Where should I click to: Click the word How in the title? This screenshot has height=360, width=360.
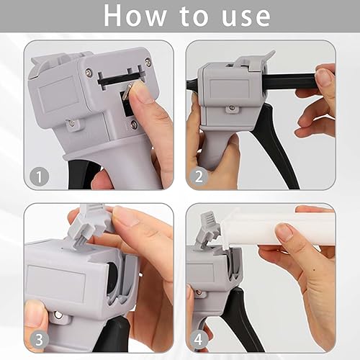pos(135,16)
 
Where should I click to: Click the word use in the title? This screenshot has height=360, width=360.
pos(246,17)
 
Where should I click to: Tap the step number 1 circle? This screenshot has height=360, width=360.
pos(39,177)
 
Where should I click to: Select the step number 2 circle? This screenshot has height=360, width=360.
pos(199,176)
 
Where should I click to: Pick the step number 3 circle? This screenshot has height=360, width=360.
pos(39,340)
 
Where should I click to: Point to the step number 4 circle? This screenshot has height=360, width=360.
pos(199,340)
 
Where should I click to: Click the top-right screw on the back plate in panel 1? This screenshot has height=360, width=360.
pos(148,62)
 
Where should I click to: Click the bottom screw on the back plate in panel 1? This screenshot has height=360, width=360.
pos(133,124)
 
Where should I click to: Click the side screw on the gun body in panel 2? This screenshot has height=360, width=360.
pos(232,108)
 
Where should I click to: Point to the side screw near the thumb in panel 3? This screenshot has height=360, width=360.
pos(58,314)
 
